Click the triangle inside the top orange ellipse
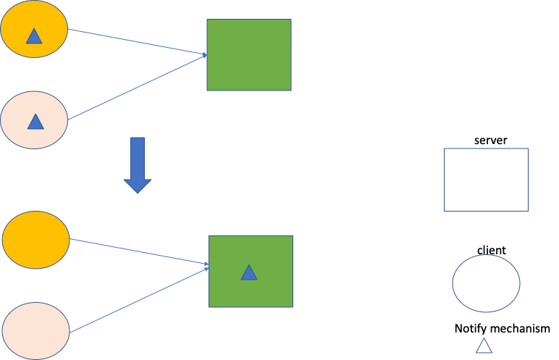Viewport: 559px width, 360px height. pos(33,35)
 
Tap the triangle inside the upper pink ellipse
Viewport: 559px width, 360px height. pos(35,122)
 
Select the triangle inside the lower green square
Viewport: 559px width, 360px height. pos(249,272)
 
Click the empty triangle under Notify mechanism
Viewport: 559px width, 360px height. pos(484,346)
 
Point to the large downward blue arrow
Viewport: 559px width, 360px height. pos(136,164)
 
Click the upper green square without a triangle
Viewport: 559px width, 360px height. pos(249,54)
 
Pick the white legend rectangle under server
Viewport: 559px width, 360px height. pos(486,180)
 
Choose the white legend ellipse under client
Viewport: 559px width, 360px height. pos(486,283)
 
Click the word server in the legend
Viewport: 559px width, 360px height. pos(490,139)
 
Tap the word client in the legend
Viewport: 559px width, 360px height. pos(491,250)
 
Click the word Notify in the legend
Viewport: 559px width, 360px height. pos(470,329)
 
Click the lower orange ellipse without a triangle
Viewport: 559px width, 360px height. pos(36,238)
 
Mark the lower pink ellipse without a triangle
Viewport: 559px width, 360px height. pos(36,330)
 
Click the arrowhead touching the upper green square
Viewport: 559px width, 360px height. pos(204,54)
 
